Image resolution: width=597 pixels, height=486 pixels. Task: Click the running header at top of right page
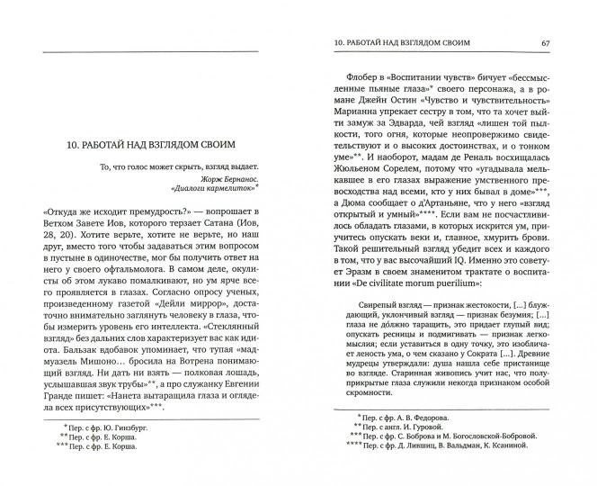404,44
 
